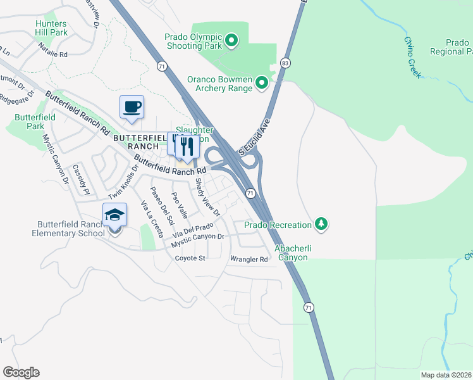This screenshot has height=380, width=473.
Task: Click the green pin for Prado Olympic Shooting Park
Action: [x=231, y=42]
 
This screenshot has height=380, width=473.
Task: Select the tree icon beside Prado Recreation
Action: [x=322, y=224]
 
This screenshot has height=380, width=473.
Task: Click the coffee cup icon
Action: [x=132, y=107]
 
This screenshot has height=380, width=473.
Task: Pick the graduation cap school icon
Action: [x=114, y=215]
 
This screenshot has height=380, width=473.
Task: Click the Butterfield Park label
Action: [x=35, y=122]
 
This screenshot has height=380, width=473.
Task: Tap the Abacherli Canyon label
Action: [x=291, y=253]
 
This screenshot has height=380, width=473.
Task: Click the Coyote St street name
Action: [x=190, y=258]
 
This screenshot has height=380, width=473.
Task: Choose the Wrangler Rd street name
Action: [x=249, y=259]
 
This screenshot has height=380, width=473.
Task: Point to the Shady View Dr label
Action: [x=207, y=198]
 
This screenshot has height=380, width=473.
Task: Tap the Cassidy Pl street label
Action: [x=79, y=179]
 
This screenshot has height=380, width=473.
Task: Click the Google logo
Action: [x=21, y=372]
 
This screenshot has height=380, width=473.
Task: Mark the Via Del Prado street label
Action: [x=193, y=231]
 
